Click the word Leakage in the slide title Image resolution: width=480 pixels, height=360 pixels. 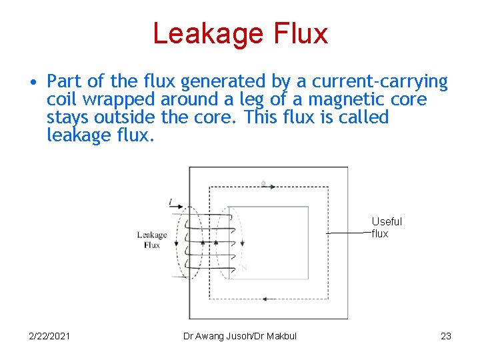tap(208, 34)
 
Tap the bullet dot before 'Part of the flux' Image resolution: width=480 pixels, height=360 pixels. tap(32, 83)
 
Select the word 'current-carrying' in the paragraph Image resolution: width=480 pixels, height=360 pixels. tap(380, 82)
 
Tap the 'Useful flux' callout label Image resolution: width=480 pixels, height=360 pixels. tap(387, 227)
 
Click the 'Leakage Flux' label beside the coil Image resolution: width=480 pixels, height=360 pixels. tap(151, 239)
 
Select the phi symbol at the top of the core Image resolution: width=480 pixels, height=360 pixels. tap(263, 183)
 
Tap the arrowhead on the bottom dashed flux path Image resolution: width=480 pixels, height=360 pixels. tap(265, 299)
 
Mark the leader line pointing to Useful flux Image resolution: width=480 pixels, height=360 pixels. tap(349, 233)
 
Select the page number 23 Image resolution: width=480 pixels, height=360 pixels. tap(446, 336)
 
